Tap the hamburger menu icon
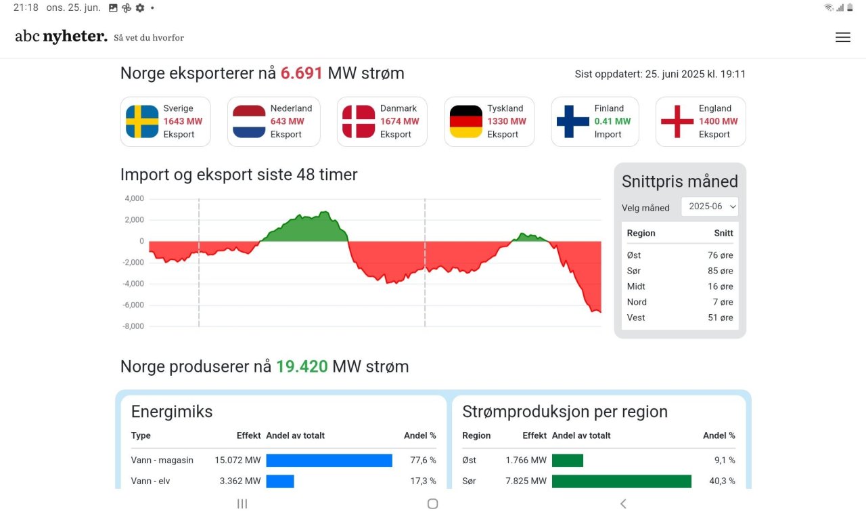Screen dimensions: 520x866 pos(842,38)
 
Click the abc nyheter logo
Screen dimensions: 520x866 pos(62,37)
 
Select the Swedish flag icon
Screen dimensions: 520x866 pos(142,121)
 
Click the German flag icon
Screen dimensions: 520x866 pos(466,121)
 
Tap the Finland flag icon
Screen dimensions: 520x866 pos(573,121)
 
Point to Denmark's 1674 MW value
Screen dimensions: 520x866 pos(400,121)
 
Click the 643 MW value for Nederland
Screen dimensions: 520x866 pos(288,121)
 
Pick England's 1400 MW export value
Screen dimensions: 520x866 pos(719,121)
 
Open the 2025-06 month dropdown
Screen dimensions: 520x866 pos(710,207)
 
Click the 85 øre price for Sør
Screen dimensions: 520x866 pos(721,271)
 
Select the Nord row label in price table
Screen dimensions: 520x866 pos(637,302)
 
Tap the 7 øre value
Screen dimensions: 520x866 pos(723,302)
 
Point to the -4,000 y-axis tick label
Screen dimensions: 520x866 pos(133,284)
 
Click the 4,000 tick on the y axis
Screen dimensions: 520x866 pos(134,198)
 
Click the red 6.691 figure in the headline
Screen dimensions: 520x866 pos(302,73)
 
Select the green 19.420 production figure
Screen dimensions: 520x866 pos(302,366)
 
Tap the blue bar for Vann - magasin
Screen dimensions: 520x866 pos(329,460)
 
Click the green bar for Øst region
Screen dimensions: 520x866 pos(567,460)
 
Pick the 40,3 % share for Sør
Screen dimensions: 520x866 pos(721,481)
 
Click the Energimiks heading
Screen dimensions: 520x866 pos(172,412)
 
